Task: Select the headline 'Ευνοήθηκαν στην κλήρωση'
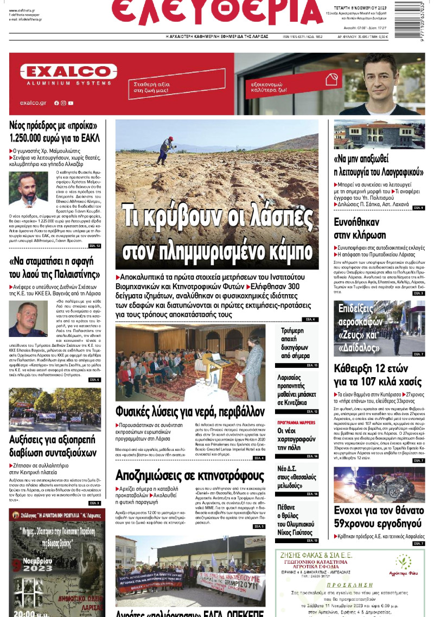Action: click(x=360, y=228)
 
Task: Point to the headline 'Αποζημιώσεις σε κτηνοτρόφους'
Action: click(x=190, y=476)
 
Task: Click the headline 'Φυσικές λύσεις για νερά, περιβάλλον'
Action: click(x=190, y=411)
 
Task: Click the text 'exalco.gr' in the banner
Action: click(x=33, y=103)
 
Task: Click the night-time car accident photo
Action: click(x=379, y=484)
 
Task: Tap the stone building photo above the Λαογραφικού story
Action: click(x=379, y=135)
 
